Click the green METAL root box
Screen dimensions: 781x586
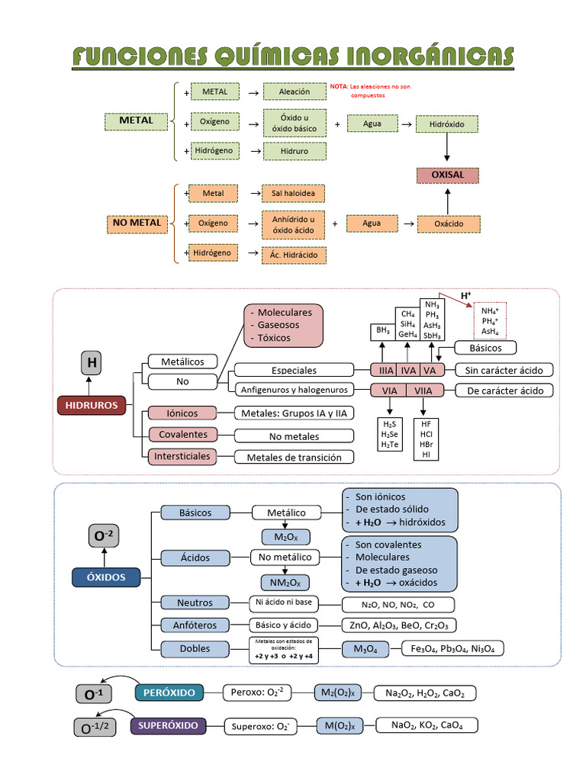pyautogui.click(x=136, y=121)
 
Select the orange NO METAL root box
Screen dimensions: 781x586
pyautogui.click(x=137, y=223)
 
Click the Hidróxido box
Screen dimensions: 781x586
pyautogui.click(x=447, y=124)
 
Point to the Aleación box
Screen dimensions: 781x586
pyautogui.click(x=295, y=92)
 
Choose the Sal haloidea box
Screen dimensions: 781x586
pyautogui.click(x=293, y=194)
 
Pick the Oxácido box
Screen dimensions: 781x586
pyautogui.click(x=447, y=224)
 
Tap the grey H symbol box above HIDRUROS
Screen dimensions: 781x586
pyautogui.click(x=91, y=363)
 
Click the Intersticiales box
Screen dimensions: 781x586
pyautogui.click(x=183, y=456)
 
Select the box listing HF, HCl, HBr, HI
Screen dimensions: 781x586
pyautogui.click(x=426, y=439)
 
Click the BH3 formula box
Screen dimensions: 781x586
pyautogui.click(x=382, y=331)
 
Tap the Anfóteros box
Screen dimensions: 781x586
pyautogui.click(x=195, y=625)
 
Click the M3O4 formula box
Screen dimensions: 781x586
pyautogui.click(x=365, y=649)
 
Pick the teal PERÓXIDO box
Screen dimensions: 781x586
pyautogui.click(x=169, y=693)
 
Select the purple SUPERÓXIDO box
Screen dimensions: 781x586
pyautogui.click(x=168, y=725)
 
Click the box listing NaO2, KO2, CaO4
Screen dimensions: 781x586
pyautogui.click(x=426, y=726)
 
